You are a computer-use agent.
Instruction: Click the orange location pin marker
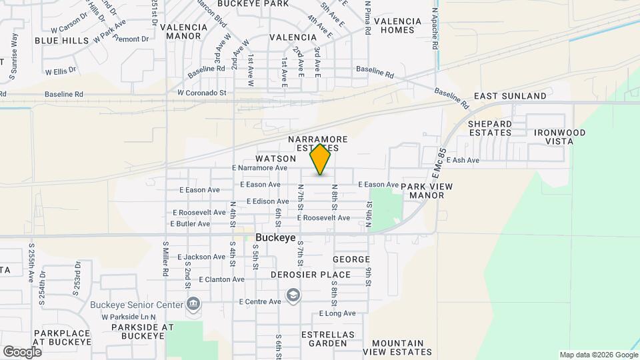click(321, 159)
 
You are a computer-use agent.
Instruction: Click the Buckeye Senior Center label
click(137, 305)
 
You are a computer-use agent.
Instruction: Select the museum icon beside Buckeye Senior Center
click(193, 305)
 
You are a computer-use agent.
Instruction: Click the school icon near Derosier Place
click(292, 295)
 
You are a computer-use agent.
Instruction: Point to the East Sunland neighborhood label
click(510, 96)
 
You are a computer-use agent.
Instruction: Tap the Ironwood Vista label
click(560, 137)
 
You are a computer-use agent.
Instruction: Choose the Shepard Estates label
click(490, 128)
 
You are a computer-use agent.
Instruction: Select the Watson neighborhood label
click(275, 159)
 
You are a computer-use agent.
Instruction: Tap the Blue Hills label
click(61, 41)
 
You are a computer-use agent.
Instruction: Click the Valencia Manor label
click(183, 32)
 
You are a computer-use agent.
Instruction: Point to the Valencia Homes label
click(398, 25)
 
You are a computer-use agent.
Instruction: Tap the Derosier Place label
click(311, 275)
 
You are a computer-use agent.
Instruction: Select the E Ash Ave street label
click(463, 160)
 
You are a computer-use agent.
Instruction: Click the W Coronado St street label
click(202, 93)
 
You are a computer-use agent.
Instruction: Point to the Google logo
click(22, 351)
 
